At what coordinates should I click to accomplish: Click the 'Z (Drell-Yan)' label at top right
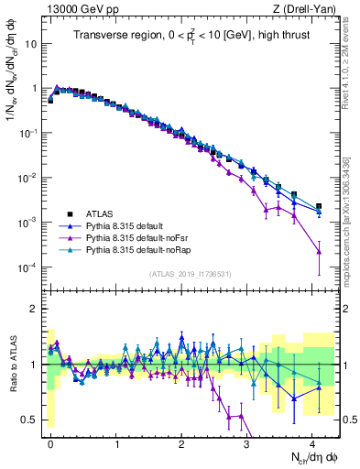pos(304,9)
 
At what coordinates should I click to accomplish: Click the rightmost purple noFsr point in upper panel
pos(319,252)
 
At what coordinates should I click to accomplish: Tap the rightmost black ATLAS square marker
pos(319,207)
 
